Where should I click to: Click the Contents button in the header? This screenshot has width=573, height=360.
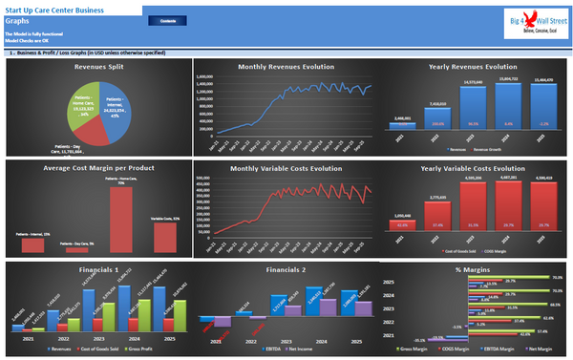(194, 19)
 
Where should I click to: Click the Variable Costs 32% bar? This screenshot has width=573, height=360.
(164, 240)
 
